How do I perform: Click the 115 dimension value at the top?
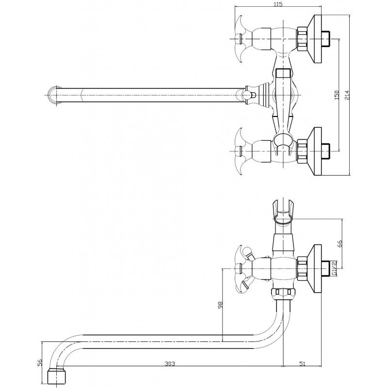pos(278,4)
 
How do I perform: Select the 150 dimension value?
pos(337,95)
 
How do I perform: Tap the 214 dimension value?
pos(347,95)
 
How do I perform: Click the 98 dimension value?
pos(220,305)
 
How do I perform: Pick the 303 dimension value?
pos(170,363)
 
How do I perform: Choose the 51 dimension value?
pos(302,363)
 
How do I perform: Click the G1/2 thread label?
pos(334,268)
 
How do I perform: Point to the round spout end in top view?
pos(54,95)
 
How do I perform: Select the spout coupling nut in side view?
pos(283,293)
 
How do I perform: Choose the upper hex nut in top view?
pos(302,39)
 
